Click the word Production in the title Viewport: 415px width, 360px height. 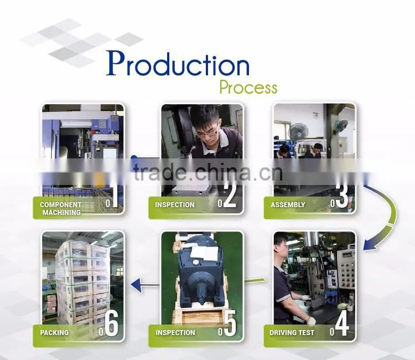(178, 63)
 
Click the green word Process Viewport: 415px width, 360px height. (248, 88)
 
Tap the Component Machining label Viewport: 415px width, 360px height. (61, 208)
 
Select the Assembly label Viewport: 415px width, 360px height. (288, 205)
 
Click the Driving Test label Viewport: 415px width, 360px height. (292, 333)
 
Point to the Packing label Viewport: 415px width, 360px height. (54, 333)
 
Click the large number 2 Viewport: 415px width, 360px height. (230, 196)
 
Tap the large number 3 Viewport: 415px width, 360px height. (342, 196)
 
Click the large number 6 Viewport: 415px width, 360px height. (111, 324)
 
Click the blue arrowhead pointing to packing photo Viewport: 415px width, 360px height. (136, 285)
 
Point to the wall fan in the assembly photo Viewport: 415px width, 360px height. (298, 132)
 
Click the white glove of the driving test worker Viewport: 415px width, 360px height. (312, 321)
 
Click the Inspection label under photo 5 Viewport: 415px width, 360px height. (175, 333)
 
